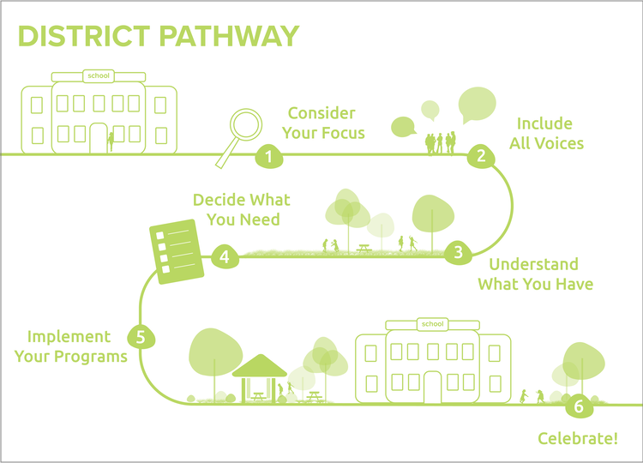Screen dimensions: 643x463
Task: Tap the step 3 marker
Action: (x=458, y=252)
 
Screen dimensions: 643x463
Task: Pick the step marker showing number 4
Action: (x=224, y=256)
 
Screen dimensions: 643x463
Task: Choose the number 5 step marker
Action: (x=141, y=336)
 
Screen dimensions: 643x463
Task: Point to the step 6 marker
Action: (x=579, y=406)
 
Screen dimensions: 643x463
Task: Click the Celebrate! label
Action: (x=577, y=438)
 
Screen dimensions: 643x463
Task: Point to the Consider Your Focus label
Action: (x=325, y=123)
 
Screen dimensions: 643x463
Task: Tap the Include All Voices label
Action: (x=546, y=133)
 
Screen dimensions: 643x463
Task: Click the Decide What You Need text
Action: (x=242, y=209)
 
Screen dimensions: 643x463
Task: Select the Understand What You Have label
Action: (x=534, y=274)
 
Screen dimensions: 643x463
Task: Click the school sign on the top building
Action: (x=99, y=76)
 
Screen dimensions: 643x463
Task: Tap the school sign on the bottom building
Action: (x=431, y=323)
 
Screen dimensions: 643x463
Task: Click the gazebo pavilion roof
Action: (x=260, y=365)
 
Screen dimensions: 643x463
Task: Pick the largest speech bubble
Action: (x=477, y=105)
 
